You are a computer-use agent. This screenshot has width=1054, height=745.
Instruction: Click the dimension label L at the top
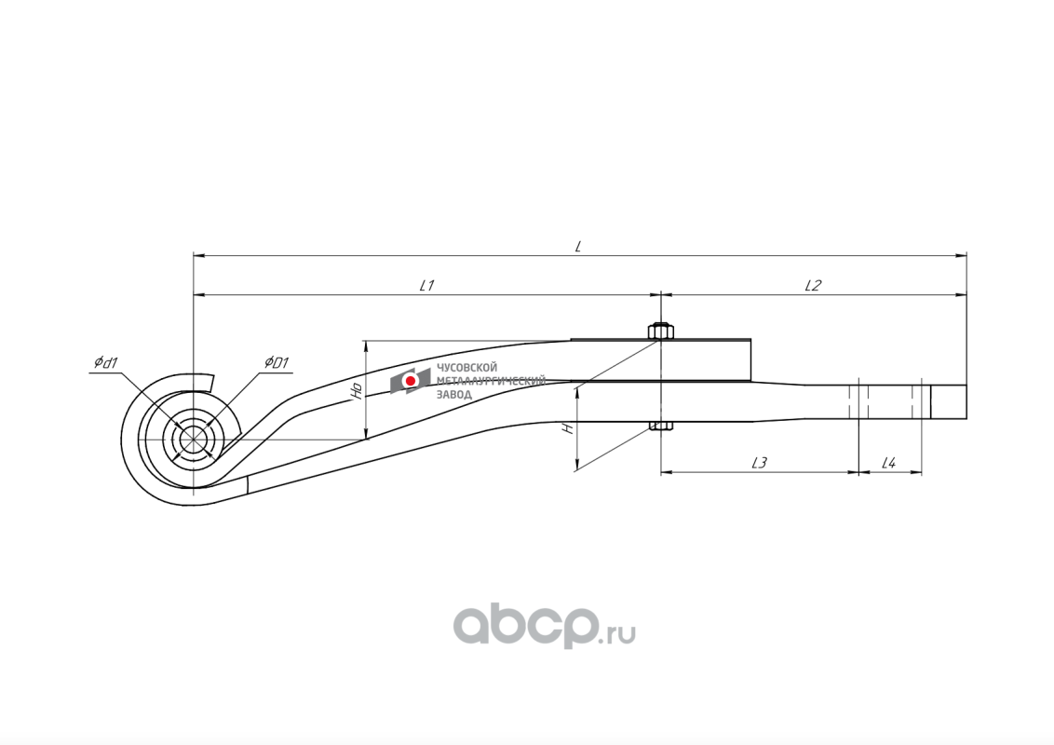tap(578, 246)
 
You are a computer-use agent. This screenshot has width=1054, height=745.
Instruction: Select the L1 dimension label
tap(426, 285)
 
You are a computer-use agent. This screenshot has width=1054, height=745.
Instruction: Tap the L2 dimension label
tap(814, 285)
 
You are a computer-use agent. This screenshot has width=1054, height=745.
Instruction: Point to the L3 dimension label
tap(760, 463)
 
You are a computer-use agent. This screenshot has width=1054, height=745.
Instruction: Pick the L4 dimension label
tap(888, 463)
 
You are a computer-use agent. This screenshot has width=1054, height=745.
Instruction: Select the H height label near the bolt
tap(569, 428)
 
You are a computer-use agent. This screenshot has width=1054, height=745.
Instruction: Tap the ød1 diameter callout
tap(106, 363)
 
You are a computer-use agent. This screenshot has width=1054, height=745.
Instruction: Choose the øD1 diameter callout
tap(276, 363)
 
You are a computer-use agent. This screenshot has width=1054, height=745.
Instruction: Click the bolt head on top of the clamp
tap(661, 332)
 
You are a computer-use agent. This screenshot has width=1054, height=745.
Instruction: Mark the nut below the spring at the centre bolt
tap(661, 426)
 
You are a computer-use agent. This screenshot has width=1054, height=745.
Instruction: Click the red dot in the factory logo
tap(410, 381)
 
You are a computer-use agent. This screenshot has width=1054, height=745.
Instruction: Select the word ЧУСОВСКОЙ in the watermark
tap(467, 368)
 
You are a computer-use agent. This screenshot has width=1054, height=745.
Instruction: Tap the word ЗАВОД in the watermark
tap(454, 394)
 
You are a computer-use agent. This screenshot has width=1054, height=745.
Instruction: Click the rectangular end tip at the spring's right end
tap(949, 401)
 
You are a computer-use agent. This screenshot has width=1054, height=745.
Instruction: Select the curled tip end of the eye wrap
tap(210, 382)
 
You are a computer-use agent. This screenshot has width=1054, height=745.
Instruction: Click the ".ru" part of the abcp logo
tap(617, 632)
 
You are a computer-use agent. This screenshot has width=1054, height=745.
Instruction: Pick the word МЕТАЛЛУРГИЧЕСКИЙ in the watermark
tap(492, 381)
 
